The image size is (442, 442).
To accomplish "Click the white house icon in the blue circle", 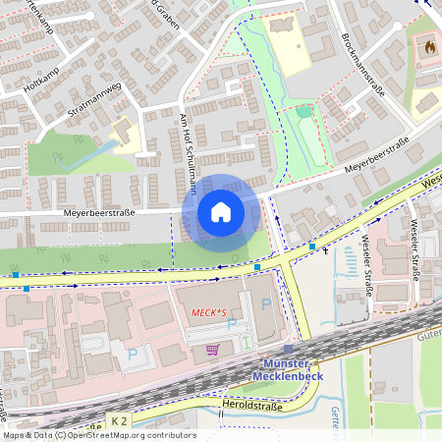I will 220,212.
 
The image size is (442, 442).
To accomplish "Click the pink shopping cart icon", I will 212,349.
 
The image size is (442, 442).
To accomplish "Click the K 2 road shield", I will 119,420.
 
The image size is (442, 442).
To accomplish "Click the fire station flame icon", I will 428,46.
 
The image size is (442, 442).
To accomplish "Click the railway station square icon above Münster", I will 288,349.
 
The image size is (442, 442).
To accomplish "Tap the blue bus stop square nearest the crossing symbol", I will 312,247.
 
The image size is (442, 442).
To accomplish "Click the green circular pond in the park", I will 304,112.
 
